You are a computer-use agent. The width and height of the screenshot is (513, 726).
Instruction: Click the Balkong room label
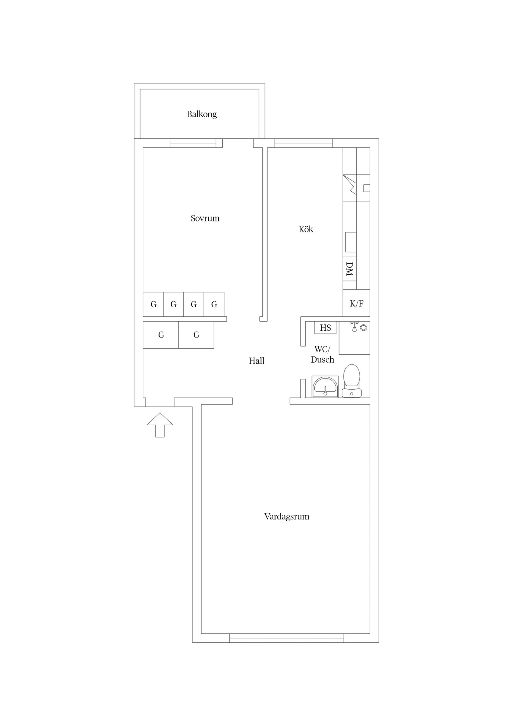(202, 114)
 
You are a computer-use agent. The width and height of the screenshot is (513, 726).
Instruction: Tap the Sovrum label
(205, 218)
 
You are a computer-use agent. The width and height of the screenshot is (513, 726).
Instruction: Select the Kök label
(306, 229)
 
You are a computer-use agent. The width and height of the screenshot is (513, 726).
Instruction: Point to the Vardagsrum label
(287, 517)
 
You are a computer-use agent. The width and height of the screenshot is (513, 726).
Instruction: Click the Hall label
(256, 361)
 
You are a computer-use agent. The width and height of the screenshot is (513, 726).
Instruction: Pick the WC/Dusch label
(322, 355)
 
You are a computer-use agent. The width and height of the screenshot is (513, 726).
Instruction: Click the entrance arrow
(160, 425)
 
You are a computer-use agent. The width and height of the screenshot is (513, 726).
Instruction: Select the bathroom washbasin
(325, 386)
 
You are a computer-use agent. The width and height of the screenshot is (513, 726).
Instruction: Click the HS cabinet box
(325, 328)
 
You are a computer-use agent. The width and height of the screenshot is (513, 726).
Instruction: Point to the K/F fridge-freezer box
(356, 303)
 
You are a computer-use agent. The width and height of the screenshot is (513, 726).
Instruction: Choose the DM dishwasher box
(349, 269)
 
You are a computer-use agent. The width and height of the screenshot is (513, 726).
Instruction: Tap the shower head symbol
(354, 327)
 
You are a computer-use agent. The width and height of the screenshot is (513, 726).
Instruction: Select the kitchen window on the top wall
(303, 143)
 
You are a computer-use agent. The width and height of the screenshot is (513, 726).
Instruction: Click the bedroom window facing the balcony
(193, 143)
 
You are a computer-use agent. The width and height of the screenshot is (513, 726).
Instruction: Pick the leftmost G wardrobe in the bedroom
(153, 304)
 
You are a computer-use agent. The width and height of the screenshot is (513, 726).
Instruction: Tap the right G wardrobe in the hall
(196, 335)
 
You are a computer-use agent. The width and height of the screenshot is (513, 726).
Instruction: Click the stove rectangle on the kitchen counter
(350, 242)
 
